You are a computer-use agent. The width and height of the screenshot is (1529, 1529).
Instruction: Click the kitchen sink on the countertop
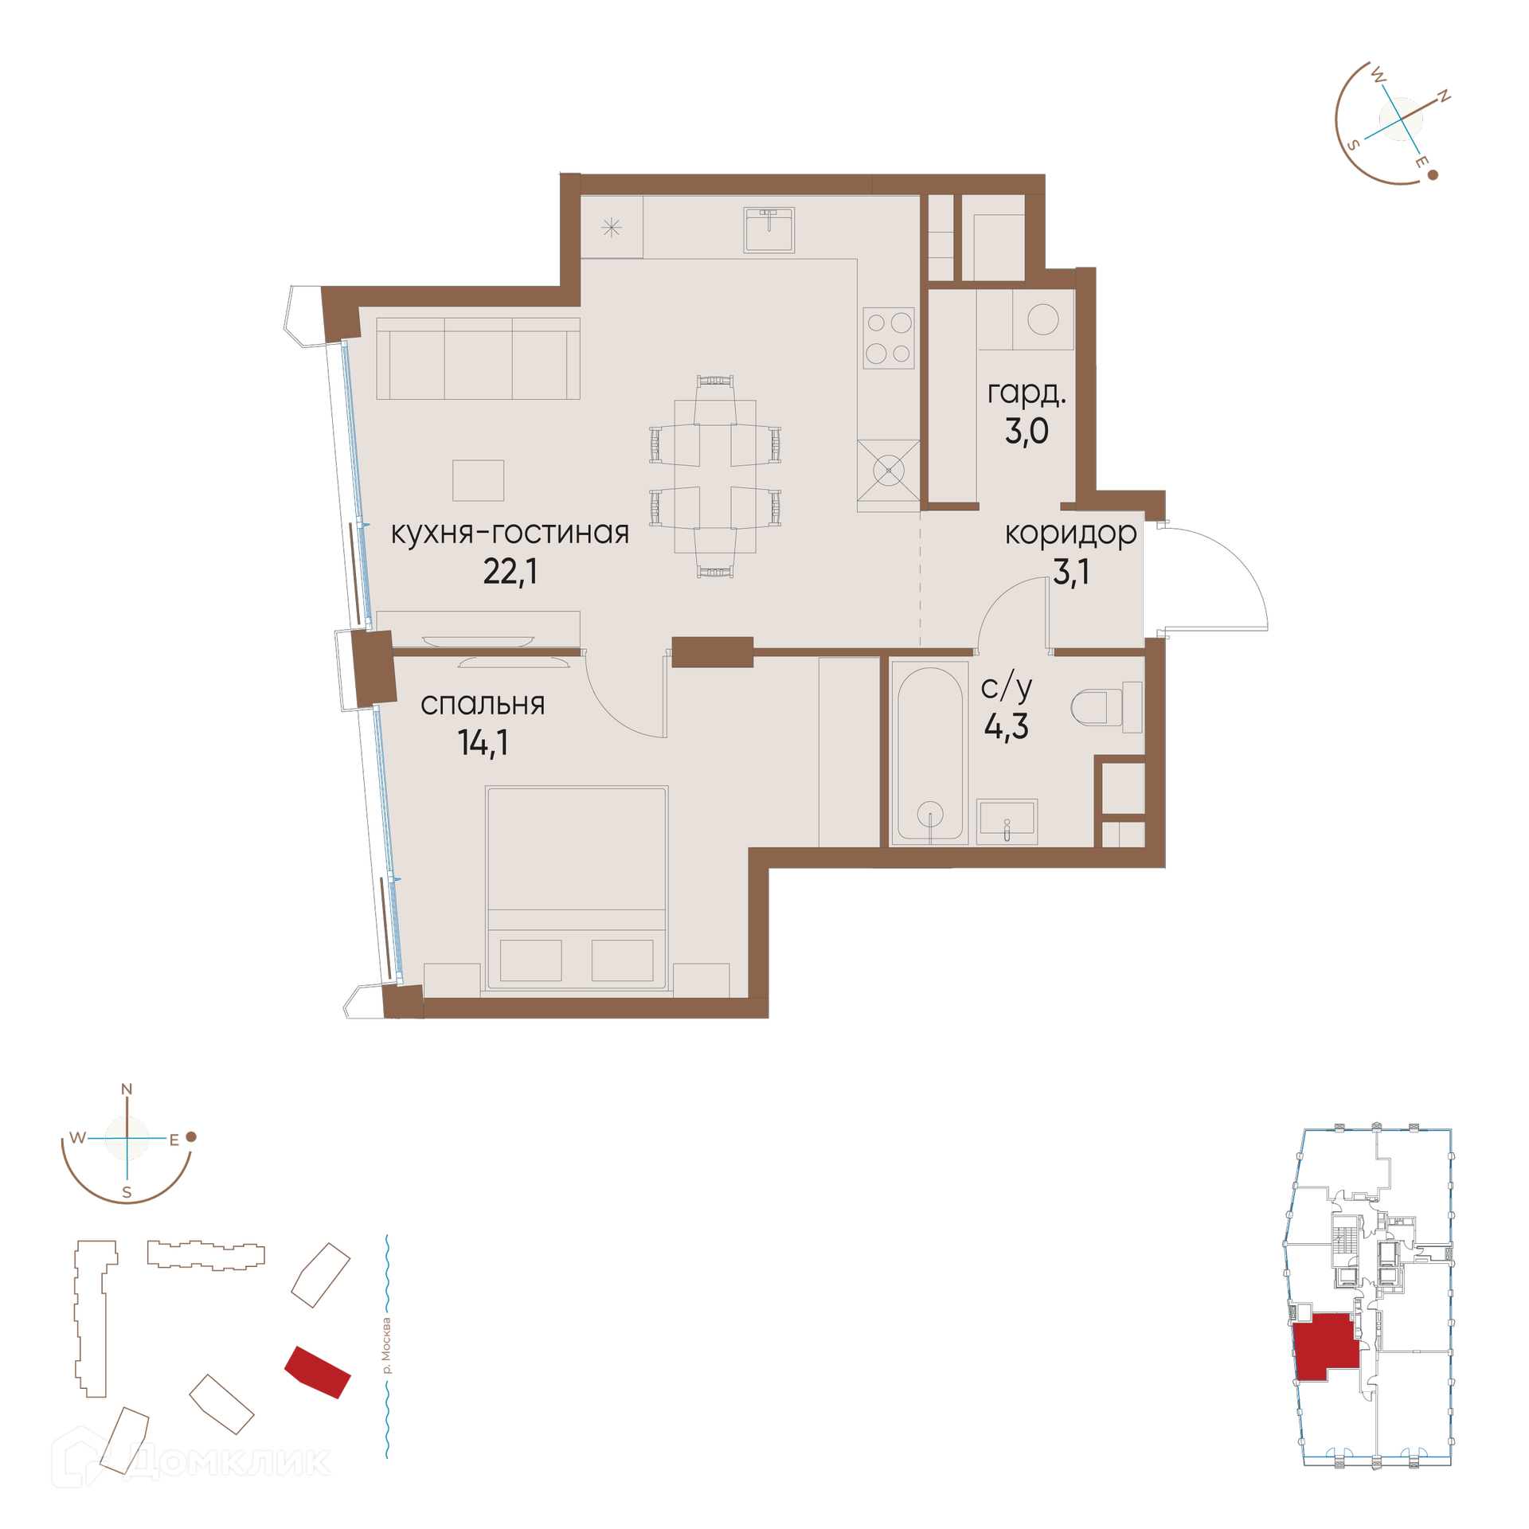[x=768, y=229]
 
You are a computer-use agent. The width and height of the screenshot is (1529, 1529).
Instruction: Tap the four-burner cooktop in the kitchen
[x=889, y=338]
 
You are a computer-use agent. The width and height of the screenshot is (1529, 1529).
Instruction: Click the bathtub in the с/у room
[x=929, y=752]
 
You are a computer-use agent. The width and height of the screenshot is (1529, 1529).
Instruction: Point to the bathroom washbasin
[x=1007, y=821]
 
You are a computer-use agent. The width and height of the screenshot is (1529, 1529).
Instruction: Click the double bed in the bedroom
[x=577, y=888]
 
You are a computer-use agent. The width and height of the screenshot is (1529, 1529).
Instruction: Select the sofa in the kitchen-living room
[x=478, y=358]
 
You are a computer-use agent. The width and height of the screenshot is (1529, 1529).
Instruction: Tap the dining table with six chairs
[x=715, y=476]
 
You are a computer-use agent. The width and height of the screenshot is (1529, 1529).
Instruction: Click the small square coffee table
[x=478, y=480]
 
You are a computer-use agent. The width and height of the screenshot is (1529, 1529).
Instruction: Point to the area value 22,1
[x=510, y=571]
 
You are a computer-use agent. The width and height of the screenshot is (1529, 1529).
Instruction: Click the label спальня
[x=483, y=705]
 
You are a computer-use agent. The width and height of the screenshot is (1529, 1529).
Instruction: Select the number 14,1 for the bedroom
[x=483, y=742]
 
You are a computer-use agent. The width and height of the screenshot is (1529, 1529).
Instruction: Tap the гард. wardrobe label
[x=1027, y=393]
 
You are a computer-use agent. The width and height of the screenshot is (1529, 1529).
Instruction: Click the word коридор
[x=1071, y=534]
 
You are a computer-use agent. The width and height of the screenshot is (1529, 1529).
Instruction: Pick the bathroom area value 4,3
[x=1007, y=726]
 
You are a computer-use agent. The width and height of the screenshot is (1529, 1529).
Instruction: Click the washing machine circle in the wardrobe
[x=1043, y=319]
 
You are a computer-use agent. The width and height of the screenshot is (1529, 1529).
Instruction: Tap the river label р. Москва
[x=387, y=1347]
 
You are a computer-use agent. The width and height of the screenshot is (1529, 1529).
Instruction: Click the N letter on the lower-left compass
[x=127, y=1089]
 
